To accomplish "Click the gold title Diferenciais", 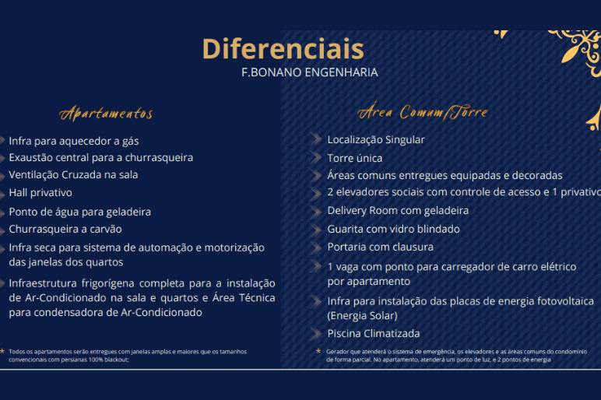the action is tap(283, 49).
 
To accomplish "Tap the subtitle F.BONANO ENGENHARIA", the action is tap(310, 72).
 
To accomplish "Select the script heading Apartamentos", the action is tap(106, 114).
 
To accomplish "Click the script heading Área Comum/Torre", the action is tap(423, 112).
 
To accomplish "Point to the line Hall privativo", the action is tap(40, 193).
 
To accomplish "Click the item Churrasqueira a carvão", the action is tap(65, 229).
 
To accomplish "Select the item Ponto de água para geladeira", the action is tap(80, 212).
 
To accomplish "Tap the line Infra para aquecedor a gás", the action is tap(74, 141).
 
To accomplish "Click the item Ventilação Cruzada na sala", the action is tap(74, 175).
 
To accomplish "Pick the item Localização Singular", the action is tap(376, 140).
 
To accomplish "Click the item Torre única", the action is tap(355, 158).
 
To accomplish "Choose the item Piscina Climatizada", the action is tap(374, 334).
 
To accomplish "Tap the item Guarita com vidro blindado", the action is tap(394, 229).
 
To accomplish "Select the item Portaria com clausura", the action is tap(381, 247).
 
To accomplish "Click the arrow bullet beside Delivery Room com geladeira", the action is tap(316, 211).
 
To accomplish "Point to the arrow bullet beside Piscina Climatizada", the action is tap(316, 334).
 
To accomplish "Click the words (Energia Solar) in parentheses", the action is tap(363, 316).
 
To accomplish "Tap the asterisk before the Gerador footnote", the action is tap(318, 350).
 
